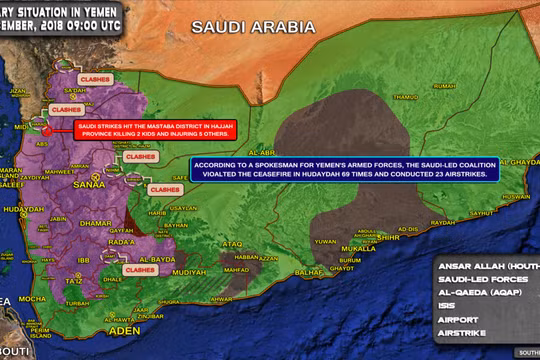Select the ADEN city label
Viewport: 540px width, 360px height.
[x=97, y=329]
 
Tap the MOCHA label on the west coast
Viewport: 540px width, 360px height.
[x=33, y=298]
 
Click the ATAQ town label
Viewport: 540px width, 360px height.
[x=232, y=243]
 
